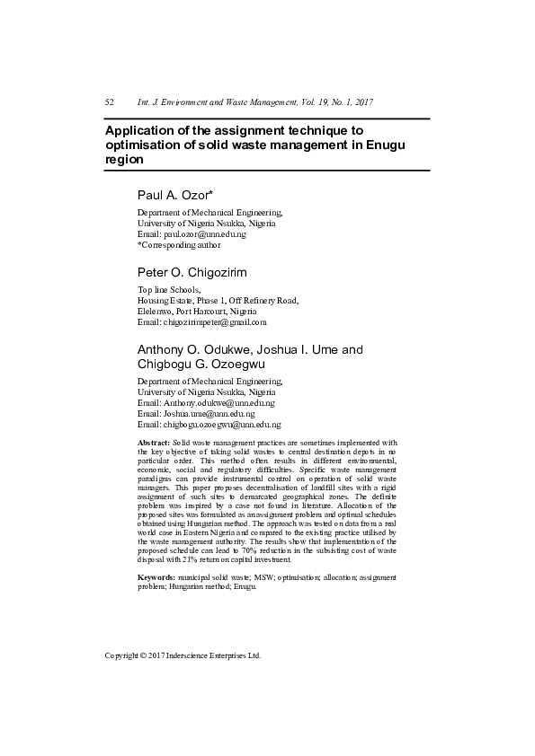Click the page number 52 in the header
coord(110,103)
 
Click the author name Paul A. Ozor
coord(171,195)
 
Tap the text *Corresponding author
coord(179,244)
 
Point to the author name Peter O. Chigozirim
coord(192,272)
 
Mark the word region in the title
coord(124,158)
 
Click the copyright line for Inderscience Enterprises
coord(183,655)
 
